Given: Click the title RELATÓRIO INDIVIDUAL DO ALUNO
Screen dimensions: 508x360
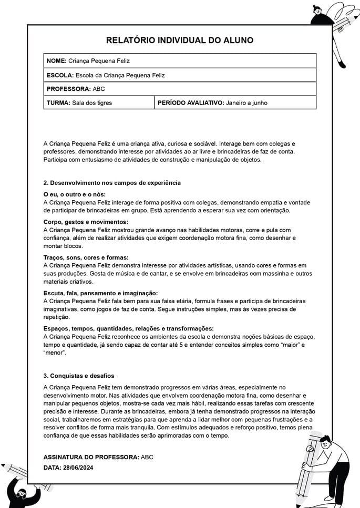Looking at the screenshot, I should (x=180, y=40).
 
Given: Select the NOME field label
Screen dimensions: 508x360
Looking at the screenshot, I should (x=56, y=61).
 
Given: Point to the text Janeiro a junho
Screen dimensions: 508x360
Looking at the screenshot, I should (x=246, y=103).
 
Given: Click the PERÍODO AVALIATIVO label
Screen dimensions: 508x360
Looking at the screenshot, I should (x=191, y=103).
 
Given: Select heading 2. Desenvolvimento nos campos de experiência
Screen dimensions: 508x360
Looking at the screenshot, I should (x=112, y=183).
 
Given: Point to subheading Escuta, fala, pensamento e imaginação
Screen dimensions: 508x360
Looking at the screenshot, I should (x=100, y=293).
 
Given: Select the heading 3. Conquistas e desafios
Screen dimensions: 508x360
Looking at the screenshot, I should (x=78, y=376).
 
